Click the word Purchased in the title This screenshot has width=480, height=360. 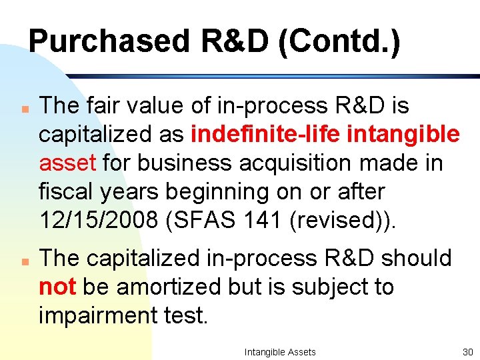point(109,42)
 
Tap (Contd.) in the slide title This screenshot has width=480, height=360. point(339,42)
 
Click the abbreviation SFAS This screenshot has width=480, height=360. point(196,220)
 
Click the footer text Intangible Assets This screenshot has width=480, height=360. point(280,351)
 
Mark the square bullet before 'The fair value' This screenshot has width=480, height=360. point(23,107)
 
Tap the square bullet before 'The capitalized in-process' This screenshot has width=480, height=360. point(23,259)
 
